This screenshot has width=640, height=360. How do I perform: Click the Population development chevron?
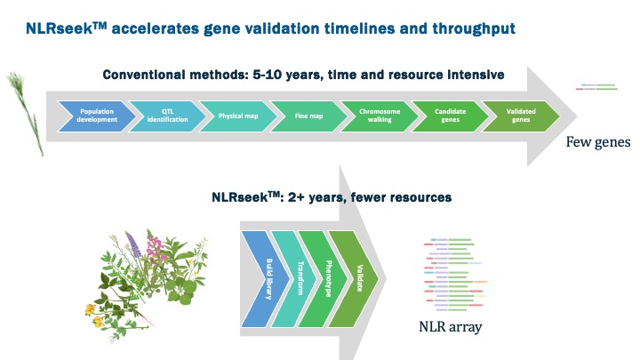click(97, 116)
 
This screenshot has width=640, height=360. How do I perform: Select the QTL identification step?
click(168, 116)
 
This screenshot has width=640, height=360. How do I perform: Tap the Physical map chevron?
click(238, 116)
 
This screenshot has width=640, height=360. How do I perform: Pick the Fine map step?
click(309, 116)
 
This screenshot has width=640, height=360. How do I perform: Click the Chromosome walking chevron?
click(380, 116)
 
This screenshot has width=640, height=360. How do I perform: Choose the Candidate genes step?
click(450, 116)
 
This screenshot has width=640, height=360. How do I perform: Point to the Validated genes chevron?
click(521, 116)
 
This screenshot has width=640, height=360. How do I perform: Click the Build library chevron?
click(265, 279)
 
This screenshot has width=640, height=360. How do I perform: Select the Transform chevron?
click(297, 279)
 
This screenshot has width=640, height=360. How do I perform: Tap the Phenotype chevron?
click(325, 279)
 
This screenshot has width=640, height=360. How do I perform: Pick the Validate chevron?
click(356, 279)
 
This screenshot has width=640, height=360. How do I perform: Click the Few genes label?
click(598, 142)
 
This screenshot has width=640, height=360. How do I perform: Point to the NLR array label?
click(450, 326)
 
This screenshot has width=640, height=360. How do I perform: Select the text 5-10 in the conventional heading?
click(268, 75)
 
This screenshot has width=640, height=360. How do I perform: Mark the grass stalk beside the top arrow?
click(26, 113)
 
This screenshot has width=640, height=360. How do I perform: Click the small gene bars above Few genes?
click(596, 87)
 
